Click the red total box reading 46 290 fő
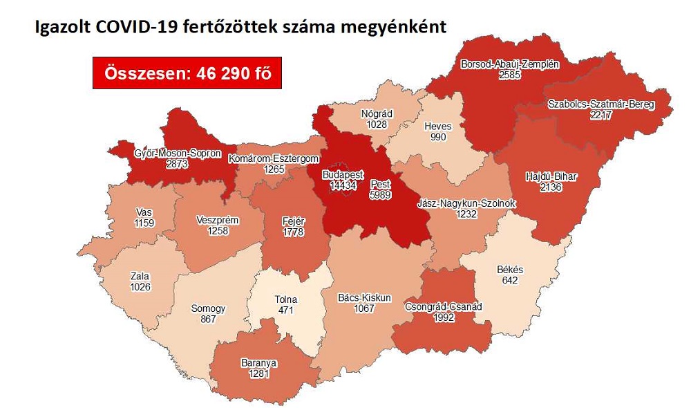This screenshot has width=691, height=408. (x=187, y=72)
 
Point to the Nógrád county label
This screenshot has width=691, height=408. (x=377, y=113)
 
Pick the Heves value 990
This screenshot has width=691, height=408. (x=438, y=137)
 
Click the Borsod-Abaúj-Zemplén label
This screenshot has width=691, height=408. (x=509, y=64)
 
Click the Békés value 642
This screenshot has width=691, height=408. (x=511, y=279)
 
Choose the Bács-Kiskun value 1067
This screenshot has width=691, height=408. (x=364, y=308)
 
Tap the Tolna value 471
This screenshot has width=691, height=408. (x=285, y=310)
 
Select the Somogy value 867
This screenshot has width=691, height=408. (x=207, y=319)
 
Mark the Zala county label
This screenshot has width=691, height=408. (x=140, y=276)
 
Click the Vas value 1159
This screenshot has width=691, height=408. (x=144, y=223)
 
